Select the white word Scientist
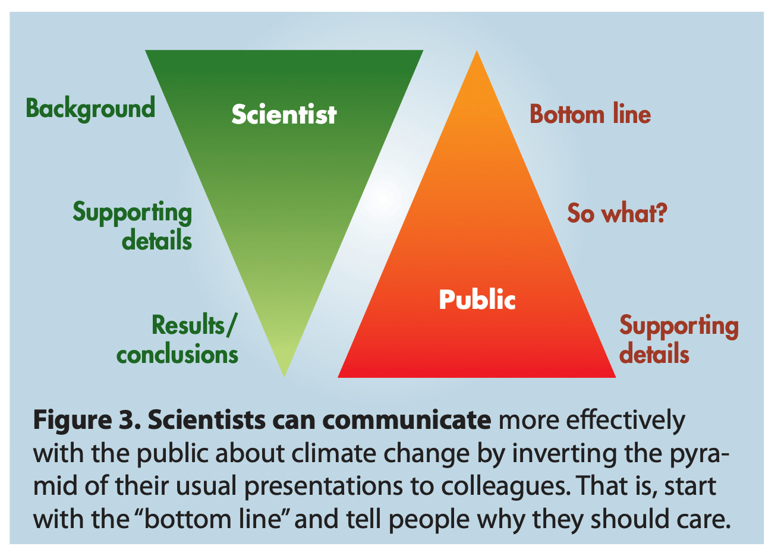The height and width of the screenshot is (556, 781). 284,114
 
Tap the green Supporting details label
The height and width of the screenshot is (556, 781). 133,226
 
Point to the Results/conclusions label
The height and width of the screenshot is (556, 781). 177,340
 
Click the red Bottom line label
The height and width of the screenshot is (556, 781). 590,114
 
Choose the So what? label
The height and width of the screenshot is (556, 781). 617,213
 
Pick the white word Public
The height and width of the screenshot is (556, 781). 477,299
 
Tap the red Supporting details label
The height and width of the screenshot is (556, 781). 679,340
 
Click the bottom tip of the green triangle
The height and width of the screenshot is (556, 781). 284,375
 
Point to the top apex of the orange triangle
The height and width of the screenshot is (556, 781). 477,52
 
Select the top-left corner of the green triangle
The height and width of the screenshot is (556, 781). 147,51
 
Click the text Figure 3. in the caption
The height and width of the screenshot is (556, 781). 86,421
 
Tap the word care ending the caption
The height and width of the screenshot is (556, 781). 704,520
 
